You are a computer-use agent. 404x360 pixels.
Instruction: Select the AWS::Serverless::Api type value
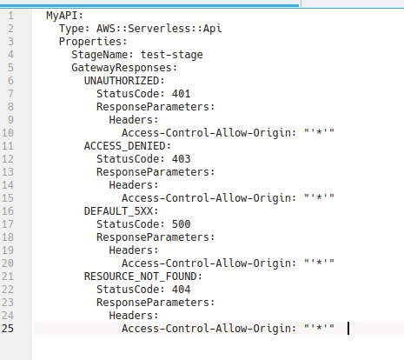click(159, 29)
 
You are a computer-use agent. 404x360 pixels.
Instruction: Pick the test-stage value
click(172, 55)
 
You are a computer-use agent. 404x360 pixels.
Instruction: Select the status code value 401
click(182, 94)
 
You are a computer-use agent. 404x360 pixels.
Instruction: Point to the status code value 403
click(182, 159)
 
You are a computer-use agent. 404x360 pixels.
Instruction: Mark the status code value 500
click(182, 224)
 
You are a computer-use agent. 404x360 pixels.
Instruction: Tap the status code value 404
click(182, 290)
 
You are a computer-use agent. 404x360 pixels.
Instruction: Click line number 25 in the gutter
click(8, 329)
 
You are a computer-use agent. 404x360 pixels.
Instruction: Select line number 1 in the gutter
click(10, 16)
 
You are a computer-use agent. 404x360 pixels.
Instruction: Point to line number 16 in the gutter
click(8, 211)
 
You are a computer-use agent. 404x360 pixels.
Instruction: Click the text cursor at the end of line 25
click(348, 329)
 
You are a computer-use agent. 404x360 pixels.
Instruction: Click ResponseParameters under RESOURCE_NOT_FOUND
click(156, 303)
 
